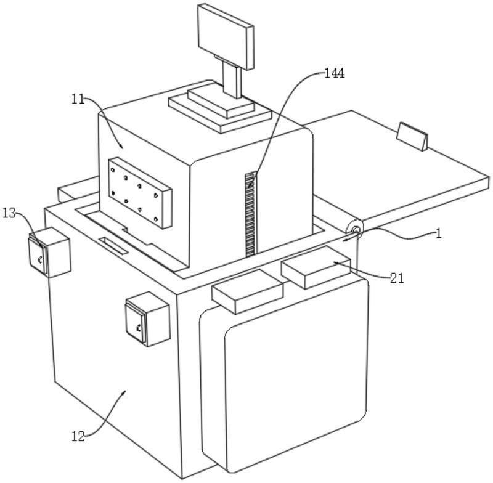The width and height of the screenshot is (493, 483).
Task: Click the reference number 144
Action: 335,73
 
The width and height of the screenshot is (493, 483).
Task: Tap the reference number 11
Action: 78,100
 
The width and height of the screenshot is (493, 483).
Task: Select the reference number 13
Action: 9,213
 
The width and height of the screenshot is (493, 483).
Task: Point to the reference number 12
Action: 79,436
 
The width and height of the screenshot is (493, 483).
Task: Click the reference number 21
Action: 397,278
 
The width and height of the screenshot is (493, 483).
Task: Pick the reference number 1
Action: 439,233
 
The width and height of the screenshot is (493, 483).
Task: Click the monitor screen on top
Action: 226,36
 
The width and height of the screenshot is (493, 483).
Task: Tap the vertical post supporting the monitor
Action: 232,79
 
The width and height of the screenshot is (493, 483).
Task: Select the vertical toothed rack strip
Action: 251,214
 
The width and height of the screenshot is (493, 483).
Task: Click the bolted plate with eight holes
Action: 141,193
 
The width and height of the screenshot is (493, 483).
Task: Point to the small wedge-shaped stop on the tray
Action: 412,136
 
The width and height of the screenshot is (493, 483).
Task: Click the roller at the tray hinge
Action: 355,229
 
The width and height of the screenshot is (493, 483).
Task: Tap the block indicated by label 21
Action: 316,267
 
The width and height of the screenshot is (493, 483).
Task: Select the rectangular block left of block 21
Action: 248,291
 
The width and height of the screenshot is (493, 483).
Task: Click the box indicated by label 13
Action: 50,253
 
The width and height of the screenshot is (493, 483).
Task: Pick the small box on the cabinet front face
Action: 148,319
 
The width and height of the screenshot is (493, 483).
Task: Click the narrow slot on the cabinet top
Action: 113,245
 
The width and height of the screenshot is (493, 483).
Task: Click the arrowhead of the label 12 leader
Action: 125,392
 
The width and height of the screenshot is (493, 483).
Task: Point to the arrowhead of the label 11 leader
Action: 121,147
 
